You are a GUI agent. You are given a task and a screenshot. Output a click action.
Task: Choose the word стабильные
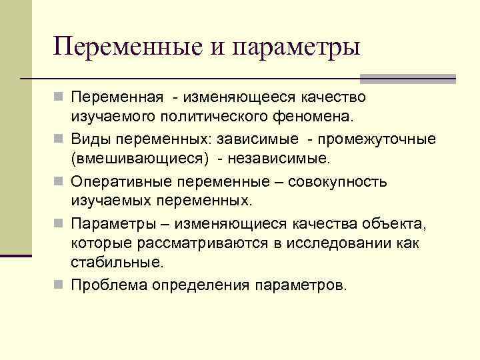117,262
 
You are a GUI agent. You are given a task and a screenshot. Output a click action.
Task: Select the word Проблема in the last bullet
110,285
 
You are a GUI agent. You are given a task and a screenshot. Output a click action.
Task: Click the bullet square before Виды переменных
60,140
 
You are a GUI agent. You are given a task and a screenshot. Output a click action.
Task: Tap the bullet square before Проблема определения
60,285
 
